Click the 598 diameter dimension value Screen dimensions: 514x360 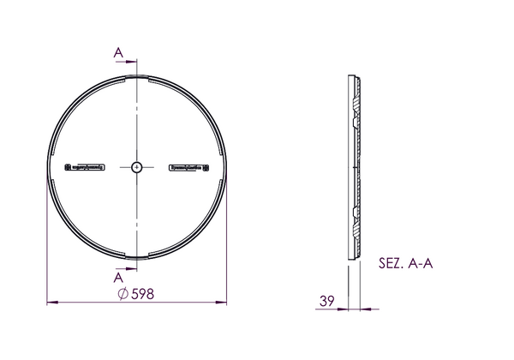[x=142, y=294]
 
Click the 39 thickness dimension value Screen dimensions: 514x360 [x=327, y=301]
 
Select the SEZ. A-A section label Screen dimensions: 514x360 [x=405, y=263]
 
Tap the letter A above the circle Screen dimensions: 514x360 [x=118, y=52]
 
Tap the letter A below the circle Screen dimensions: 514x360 [x=118, y=278]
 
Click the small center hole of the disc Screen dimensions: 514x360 [x=137, y=167]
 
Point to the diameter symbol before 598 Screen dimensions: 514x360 [x=123, y=294]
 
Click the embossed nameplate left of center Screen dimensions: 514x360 [x=85, y=167]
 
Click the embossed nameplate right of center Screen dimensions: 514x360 [x=188, y=167]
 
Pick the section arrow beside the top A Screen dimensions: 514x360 [x=127, y=62]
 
